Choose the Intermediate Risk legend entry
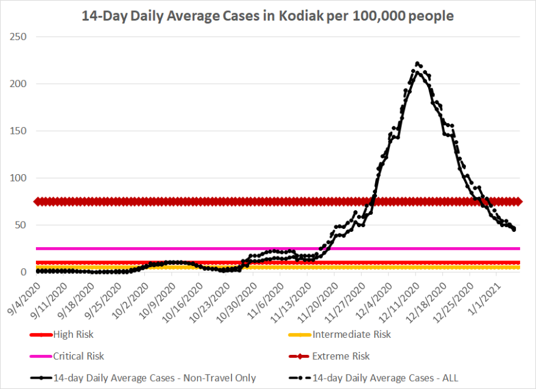pyautogui.click(x=351, y=334)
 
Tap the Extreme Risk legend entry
pyautogui.click(x=340, y=356)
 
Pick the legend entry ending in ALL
pyautogui.click(x=385, y=378)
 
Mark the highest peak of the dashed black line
pyautogui.click(x=417, y=63)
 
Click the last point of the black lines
pyautogui.click(x=514, y=230)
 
